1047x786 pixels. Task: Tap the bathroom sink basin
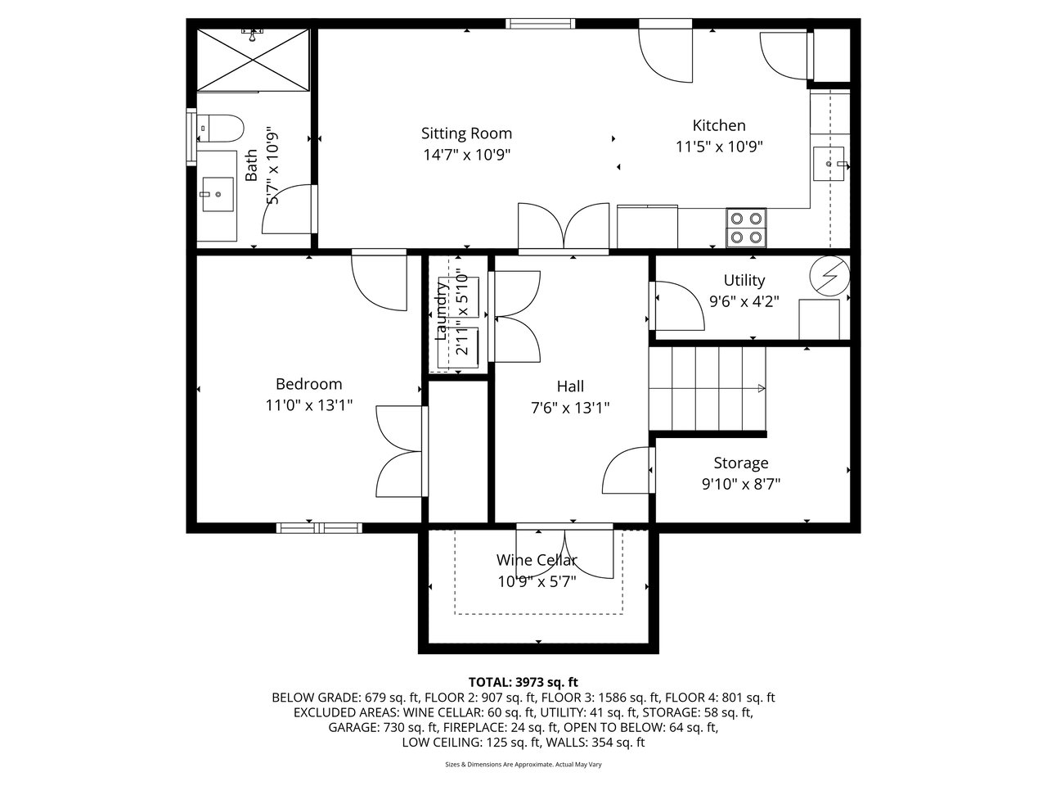[218, 194]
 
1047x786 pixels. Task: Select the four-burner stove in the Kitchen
[746, 228]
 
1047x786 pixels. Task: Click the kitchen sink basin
[829, 164]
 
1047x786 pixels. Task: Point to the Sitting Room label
[466, 133]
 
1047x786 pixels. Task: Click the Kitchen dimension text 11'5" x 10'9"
[719, 147]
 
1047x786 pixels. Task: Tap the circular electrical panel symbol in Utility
[830, 276]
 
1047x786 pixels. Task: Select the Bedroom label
[308, 384]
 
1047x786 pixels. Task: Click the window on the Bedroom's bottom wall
[319, 527]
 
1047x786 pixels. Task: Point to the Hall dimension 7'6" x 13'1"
[570, 408]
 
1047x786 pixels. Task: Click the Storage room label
[741, 463]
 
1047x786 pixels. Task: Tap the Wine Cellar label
[537, 560]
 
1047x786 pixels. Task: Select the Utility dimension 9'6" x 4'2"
[744, 301]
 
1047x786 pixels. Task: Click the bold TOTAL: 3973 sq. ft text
[523, 682]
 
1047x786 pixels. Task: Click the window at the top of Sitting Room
[541, 24]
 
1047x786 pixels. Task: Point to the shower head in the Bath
[253, 34]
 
